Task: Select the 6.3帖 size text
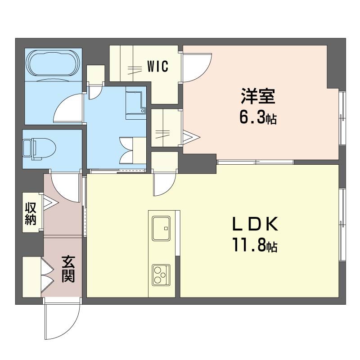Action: point(257,118)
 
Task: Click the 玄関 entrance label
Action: point(68,269)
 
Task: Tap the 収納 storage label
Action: point(31,214)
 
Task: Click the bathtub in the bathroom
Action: point(53,63)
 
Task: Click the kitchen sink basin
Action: point(161,227)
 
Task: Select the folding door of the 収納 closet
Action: point(49,203)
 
